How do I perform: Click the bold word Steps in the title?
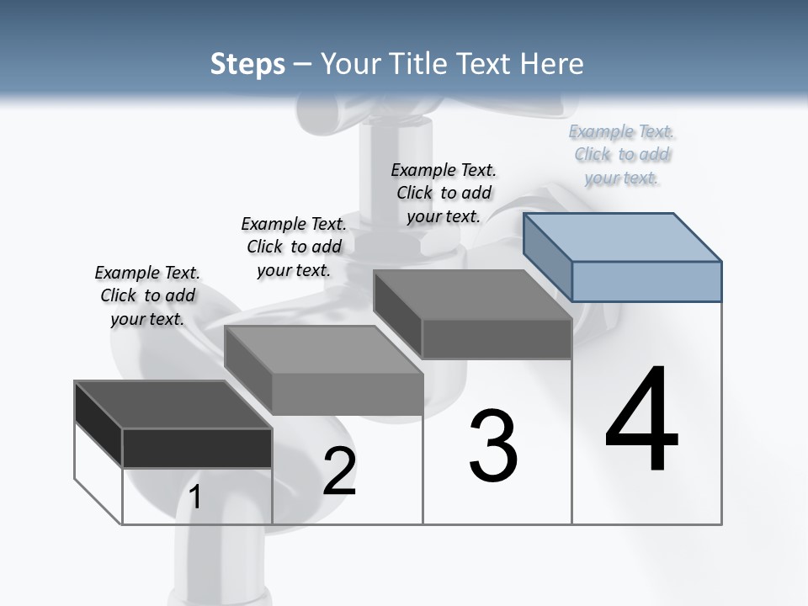tap(247, 64)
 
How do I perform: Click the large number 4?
tap(641, 420)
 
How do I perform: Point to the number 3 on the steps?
tap(493, 446)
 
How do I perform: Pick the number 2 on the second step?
tap(339, 471)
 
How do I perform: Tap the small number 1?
tap(195, 497)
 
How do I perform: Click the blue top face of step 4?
tap(623, 237)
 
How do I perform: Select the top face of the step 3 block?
tap(473, 295)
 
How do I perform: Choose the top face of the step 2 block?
tap(324, 350)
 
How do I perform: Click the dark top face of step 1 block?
tap(173, 405)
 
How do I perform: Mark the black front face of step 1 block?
tap(197, 448)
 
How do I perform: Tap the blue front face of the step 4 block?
tap(646, 281)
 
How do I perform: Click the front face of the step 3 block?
tap(497, 339)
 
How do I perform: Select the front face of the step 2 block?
tap(347, 394)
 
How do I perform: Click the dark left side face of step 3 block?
tap(397, 313)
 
